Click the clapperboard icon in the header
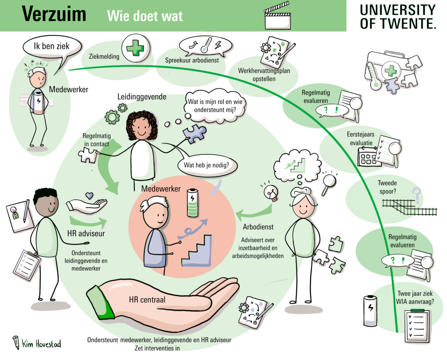pos(278,16)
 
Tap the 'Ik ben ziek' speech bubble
pos(52,47)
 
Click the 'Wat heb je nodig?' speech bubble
pos(206,165)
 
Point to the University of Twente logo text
pos(398,17)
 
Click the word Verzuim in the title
pos(54,14)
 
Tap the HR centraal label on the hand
pos(147,299)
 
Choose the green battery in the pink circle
pos(192,203)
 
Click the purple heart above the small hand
pos(89,196)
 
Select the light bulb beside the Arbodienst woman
pos(271,193)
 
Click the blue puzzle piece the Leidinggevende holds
pos(195,134)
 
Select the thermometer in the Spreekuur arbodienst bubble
pos(206,45)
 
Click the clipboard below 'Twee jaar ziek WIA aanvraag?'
pos(416,326)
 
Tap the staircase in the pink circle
pos(196,251)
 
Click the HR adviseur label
pos(86,233)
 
